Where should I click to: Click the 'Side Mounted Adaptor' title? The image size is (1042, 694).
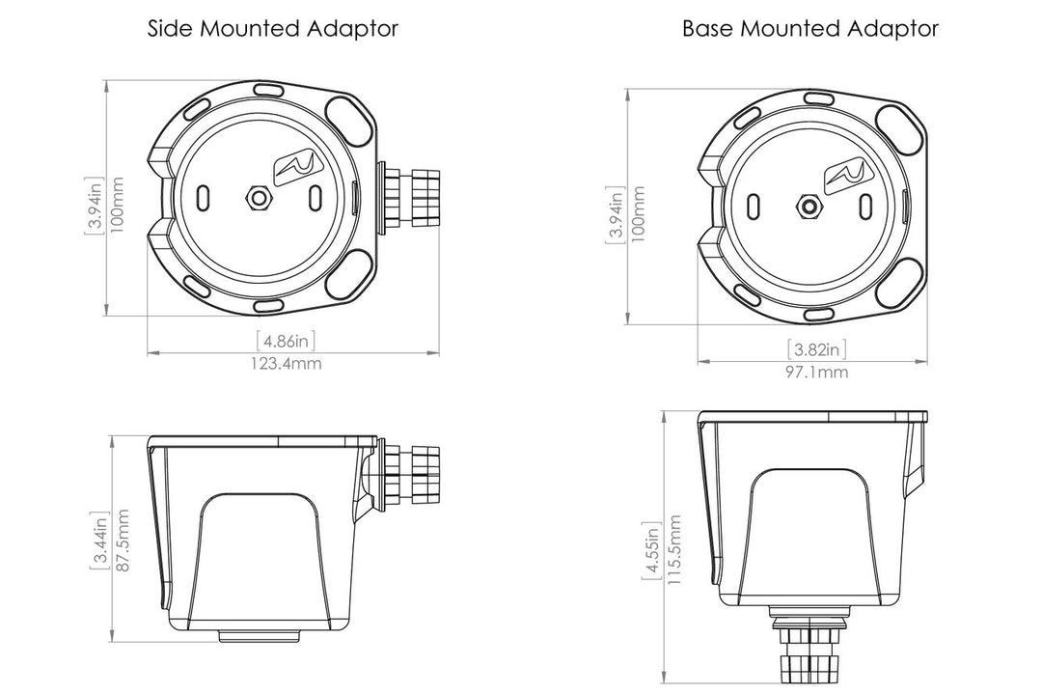272,29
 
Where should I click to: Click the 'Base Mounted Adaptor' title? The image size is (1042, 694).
810,29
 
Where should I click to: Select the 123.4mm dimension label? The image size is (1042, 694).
286,364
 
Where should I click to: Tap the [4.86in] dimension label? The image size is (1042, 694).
286,341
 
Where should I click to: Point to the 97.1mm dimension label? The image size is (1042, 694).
817,372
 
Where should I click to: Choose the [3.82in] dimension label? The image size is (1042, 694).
817,349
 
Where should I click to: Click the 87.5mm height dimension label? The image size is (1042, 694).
121,540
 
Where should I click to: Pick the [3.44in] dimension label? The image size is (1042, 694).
99,540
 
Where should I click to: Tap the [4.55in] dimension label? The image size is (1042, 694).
651,549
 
